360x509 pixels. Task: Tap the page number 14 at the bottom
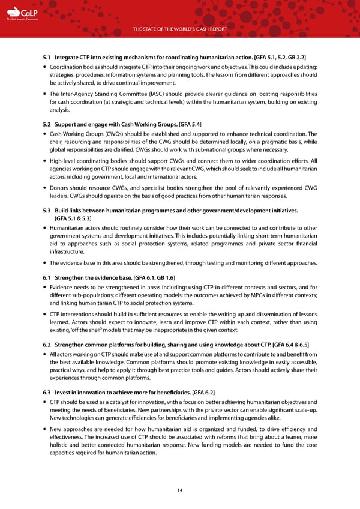(x=180, y=490)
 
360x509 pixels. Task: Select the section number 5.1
(x=48, y=57)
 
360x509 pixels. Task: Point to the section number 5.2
(x=48, y=124)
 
